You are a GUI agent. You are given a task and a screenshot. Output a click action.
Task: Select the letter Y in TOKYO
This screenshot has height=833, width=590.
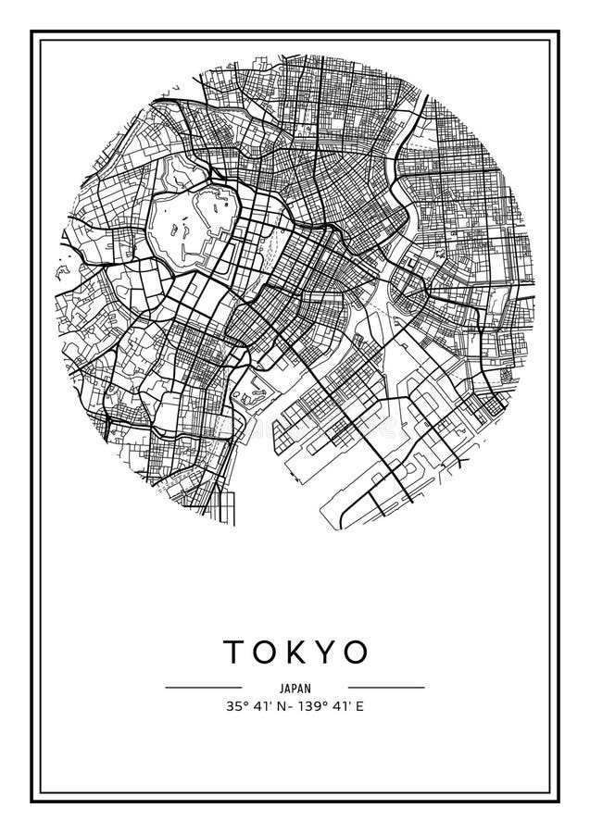tap(323, 653)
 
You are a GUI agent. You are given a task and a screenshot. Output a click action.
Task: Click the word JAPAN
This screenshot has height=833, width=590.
tap(295, 688)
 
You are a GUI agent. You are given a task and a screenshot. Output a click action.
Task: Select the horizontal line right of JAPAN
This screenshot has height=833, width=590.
tap(386, 688)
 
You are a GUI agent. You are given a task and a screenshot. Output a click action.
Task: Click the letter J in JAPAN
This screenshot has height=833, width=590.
tap(280, 688)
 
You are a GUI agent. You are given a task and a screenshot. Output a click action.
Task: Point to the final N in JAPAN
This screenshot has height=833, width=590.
tap(308, 688)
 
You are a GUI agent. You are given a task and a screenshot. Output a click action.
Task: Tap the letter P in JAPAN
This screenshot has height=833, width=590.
tap(294, 688)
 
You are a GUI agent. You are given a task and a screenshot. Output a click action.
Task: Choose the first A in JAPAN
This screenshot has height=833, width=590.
tap(286, 688)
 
